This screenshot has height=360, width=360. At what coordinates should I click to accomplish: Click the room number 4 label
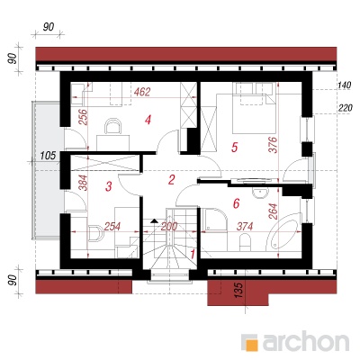148,121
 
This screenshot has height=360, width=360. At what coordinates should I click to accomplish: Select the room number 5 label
235,147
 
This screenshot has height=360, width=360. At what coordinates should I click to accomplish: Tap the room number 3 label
109,186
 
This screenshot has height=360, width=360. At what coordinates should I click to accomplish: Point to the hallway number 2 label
171,180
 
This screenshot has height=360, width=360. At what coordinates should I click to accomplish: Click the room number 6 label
236,203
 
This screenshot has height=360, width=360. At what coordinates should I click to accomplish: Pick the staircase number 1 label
193,254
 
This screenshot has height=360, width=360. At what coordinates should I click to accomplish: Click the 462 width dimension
142,92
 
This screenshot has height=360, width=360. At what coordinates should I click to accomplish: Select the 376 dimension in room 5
274,145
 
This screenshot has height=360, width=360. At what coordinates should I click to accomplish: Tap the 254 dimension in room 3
112,227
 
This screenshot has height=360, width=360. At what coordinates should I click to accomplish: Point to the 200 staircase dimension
169,227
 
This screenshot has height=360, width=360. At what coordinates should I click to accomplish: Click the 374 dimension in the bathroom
245,227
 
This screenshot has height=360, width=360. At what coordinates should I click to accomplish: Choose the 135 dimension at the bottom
238,290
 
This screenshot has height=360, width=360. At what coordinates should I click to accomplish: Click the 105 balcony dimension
48,156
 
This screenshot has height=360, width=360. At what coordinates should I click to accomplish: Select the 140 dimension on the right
344,85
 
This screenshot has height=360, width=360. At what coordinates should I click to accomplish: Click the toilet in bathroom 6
245,242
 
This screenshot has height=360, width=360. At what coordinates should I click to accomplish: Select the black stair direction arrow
154,221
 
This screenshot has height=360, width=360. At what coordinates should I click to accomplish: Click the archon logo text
306,341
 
